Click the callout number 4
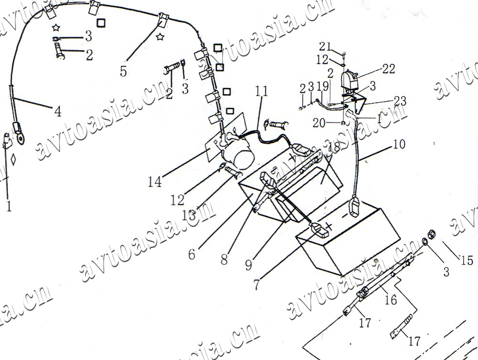click(x=58, y=112)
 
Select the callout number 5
click(x=123, y=72)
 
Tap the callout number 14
click(x=155, y=182)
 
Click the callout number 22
click(x=389, y=69)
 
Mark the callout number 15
click(x=466, y=260)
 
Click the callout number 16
click(x=391, y=300)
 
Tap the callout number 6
click(x=192, y=254)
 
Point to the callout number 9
click(x=249, y=264)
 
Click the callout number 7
click(x=257, y=284)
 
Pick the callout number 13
click(x=189, y=215)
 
